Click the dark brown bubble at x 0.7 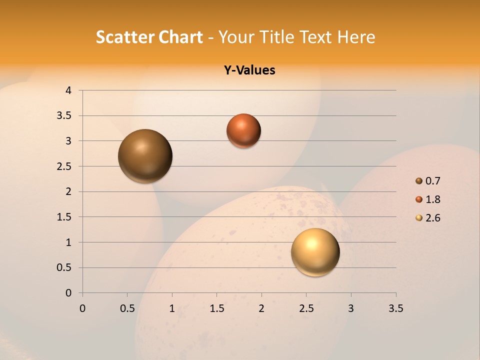tap(145, 156)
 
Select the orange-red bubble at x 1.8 tap(243, 130)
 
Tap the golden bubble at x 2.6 tap(315, 252)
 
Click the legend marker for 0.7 tap(419, 181)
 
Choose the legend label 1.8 tap(432, 199)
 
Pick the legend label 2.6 tap(432, 218)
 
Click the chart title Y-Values tap(249, 70)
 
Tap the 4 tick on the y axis tap(68, 90)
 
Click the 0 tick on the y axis tap(68, 293)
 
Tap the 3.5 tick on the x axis tap(395, 308)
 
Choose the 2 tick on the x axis tap(261, 308)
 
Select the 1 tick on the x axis tap(172, 308)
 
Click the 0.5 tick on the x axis tap(127, 308)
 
